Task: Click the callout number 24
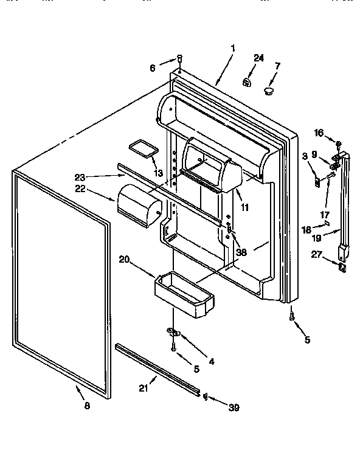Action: (258, 58)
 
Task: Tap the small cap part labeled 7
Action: (269, 91)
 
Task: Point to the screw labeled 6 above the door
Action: (180, 58)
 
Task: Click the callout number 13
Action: (159, 173)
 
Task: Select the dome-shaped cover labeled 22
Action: (138, 207)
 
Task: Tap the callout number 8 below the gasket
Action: (87, 406)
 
